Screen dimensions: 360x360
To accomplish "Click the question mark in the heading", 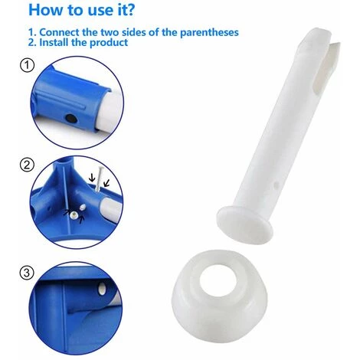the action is pos(130,9).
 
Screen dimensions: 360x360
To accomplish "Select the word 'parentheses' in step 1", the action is pos(209,33).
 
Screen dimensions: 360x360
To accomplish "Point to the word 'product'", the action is pos(109,43).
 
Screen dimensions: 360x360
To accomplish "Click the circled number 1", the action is pos(27,65).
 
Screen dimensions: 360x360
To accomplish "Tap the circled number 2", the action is pos(27,165).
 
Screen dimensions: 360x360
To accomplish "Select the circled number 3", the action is pos(27,273).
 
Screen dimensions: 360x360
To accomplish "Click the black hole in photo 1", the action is pos(70,118).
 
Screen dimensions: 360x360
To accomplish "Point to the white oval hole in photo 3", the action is pos(102,288).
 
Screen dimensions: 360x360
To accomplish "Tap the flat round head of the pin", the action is pos(244,222).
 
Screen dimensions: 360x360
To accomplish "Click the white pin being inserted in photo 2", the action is pos(100,178).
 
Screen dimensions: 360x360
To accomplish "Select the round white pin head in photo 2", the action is pos(74,215).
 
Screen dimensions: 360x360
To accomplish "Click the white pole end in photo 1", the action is pos(111,110).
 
